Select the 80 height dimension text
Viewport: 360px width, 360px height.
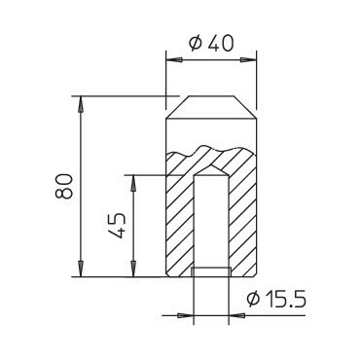coord(63,186)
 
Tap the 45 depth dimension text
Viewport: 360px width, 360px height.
coord(117,226)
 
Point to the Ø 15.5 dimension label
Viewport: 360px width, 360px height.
coord(276,299)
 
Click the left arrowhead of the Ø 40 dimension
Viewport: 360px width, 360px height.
coord(173,60)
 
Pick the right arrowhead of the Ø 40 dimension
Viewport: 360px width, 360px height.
coord(248,60)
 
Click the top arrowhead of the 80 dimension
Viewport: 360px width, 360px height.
coord(80,104)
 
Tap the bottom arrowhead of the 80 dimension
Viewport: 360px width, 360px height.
coord(80,269)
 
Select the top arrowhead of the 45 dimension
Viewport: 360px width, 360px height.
coord(133,183)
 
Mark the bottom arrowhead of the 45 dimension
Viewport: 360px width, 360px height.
coord(133,269)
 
